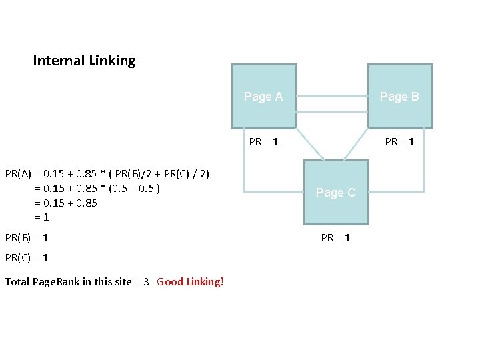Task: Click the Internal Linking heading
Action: (x=84, y=61)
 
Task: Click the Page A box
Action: (x=263, y=96)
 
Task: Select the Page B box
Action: (x=400, y=96)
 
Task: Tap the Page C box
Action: (x=336, y=192)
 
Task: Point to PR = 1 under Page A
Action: (x=264, y=141)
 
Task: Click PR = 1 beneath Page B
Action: (x=400, y=141)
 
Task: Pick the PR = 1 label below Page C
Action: (x=336, y=237)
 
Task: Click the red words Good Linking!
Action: (x=191, y=281)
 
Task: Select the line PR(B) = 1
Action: (x=27, y=237)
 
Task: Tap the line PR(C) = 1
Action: (x=27, y=257)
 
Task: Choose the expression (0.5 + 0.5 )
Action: (x=134, y=188)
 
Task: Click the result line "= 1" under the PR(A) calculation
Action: (x=41, y=217)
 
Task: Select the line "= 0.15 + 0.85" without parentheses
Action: (x=65, y=203)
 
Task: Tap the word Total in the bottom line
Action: (x=17, y=281)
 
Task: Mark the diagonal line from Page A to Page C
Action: (x=309, y=144)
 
